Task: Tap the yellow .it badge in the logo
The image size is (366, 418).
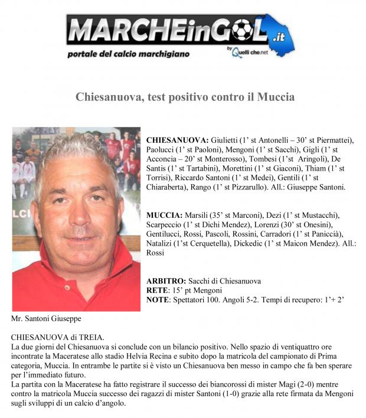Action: coord(276,38)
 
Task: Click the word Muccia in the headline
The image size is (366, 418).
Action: coord(275,97)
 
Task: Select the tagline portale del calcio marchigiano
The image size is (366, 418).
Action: coord(128,54)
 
